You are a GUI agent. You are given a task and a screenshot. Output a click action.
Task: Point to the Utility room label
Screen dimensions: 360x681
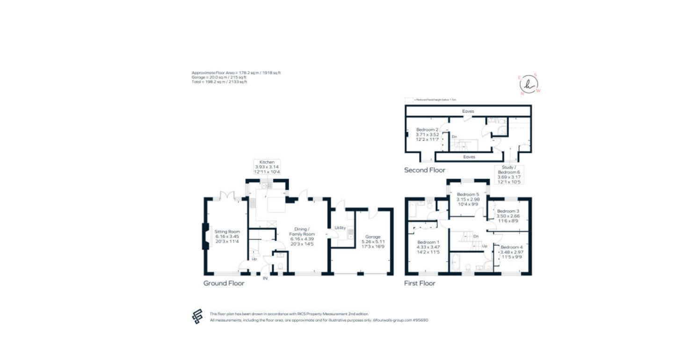(x=340, y=228)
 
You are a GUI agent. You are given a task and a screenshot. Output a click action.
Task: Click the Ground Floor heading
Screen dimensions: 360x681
(x=224, y=283)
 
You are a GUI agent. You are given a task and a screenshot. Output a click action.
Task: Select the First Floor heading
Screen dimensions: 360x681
(x=420, y=283)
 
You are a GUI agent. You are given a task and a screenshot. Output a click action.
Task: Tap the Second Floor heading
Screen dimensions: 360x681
(x=425, y=170)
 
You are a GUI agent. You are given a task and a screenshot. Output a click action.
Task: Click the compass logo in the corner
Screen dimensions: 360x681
(x=529, y=84)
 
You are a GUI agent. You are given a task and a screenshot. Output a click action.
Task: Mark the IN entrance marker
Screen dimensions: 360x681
(x=265, y=279)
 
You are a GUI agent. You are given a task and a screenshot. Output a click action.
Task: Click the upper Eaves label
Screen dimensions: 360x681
(x=468, y=111)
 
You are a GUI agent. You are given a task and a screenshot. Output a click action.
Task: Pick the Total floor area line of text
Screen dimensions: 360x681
(x=219, y=82)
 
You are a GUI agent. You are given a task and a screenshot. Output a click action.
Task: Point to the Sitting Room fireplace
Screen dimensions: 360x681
(x=205, y=236)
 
